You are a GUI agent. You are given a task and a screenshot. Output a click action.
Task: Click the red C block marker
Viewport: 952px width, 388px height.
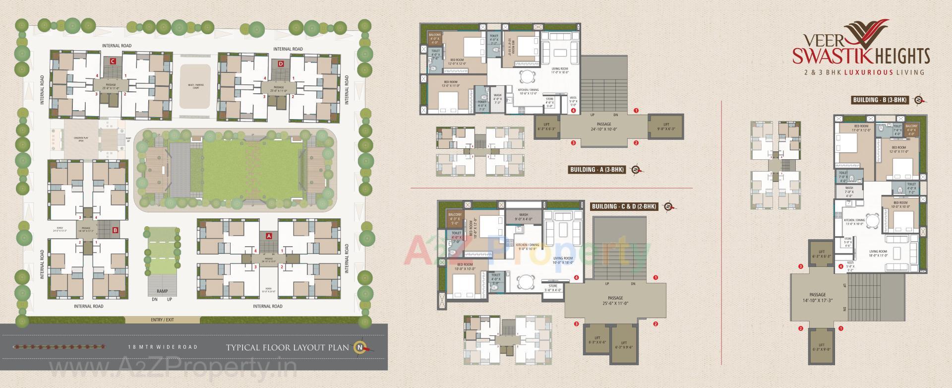113,62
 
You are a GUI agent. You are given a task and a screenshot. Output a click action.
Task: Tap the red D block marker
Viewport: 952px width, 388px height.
281,64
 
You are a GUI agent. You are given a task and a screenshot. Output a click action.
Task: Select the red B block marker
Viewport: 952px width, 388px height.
115,230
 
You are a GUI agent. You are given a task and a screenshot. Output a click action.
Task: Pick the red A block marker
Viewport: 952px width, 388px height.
269,236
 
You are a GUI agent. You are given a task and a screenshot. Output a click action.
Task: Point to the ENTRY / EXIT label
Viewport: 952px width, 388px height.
162,320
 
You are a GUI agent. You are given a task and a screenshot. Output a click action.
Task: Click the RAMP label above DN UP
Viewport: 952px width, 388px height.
162,291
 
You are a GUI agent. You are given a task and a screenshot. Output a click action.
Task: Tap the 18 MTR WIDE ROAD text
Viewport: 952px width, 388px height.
162,347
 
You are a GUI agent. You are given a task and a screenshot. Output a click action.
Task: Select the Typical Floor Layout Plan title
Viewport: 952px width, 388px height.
287,347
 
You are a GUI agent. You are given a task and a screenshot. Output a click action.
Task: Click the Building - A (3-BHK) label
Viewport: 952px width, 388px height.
596,170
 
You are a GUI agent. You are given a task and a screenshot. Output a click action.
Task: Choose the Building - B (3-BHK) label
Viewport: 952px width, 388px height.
880,100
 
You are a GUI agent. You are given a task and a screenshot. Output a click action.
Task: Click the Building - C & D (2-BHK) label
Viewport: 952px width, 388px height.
624,206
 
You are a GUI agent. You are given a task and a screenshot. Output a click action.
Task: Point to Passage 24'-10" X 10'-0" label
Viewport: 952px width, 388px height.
603,129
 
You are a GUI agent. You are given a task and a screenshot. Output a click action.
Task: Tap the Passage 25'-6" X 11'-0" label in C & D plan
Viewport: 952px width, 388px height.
615,301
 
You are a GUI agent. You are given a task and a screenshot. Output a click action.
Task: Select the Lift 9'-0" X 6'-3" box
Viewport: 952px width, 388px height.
666,127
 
